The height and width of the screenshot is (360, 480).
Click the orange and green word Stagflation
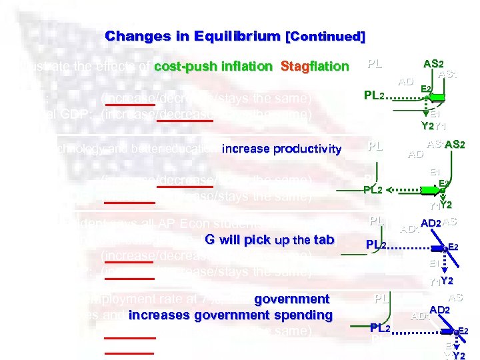315,67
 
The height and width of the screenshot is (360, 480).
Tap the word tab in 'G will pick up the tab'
323,240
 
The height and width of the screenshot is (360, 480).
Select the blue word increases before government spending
155,315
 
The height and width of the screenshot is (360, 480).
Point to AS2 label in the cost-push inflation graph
433,64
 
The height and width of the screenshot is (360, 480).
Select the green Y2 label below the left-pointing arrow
427,125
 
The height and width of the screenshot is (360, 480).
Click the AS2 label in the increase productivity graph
456,145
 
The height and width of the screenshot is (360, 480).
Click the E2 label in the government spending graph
463,331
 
